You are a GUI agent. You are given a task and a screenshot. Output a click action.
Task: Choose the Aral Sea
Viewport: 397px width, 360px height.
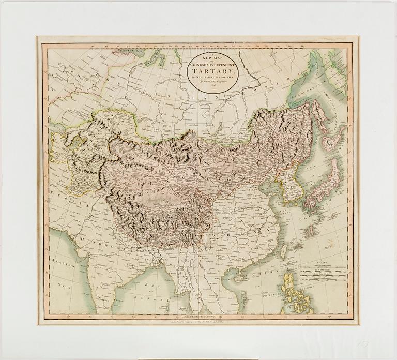pyautogui.click(x=78, y=142)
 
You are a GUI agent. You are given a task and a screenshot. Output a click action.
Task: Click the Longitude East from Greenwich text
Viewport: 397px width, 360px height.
pyautogui.click(x=198, y=316)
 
